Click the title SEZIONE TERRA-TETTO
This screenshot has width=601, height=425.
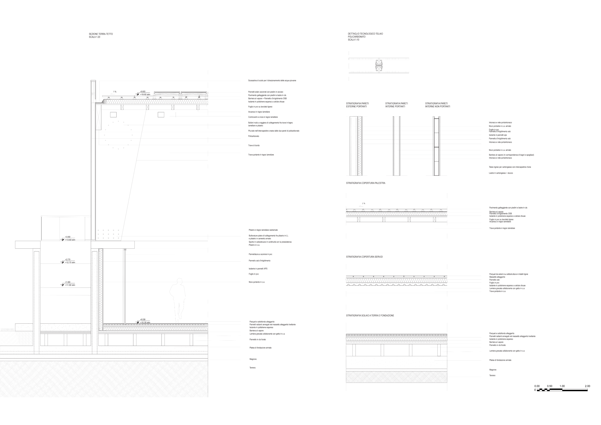pos(101,34)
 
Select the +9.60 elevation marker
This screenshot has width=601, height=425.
pos(143,92)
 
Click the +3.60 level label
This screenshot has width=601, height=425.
pos(68,237)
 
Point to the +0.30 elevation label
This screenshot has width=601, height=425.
pos(143,320)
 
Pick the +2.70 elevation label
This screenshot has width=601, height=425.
pos(68,260)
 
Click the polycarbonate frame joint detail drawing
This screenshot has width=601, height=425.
pos(379,65)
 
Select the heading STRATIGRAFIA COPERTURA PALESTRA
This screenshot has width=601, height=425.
pos(366,183)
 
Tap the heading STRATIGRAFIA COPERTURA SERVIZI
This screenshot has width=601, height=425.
pos(364,257)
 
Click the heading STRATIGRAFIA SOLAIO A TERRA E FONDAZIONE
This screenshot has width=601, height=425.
pos(370,316)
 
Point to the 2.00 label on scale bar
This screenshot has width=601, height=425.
pos(587,386)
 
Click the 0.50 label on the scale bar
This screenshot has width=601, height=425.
pos(549,386)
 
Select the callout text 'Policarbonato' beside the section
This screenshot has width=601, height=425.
pos(254,136)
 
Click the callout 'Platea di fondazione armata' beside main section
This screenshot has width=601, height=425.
pos(260,348)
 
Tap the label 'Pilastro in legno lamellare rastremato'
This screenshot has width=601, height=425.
pos(263,230)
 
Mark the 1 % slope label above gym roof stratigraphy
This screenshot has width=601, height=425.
pos(364,203)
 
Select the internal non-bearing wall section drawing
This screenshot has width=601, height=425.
pos(436,146)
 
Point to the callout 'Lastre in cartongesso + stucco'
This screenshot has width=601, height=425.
pos(501,173)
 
